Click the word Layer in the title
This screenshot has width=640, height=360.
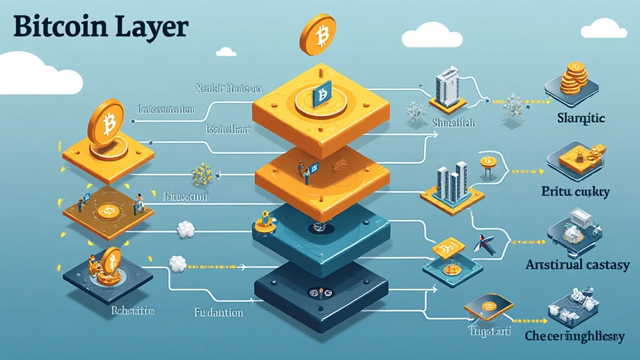151,29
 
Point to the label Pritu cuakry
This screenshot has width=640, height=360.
575,192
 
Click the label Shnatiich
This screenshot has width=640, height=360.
454,123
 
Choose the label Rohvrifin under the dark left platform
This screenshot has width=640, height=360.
132,310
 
